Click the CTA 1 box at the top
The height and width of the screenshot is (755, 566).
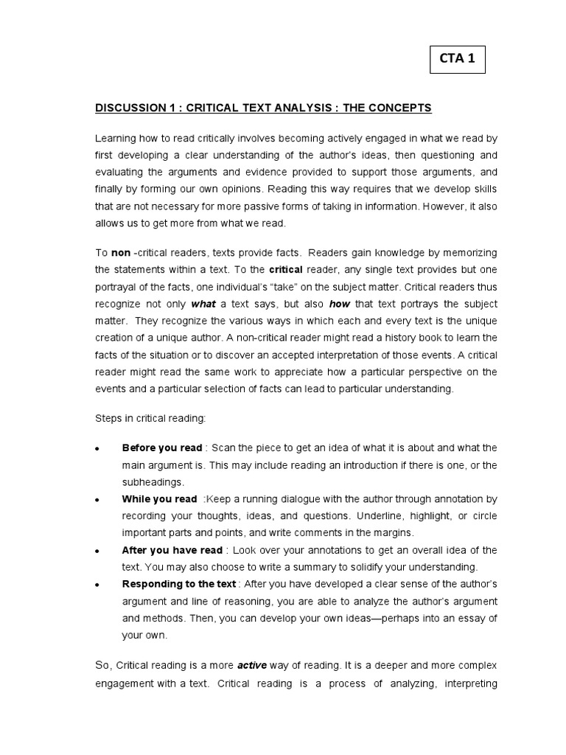click(457, 60)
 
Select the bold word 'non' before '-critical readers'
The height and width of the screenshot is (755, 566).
click(121, 251)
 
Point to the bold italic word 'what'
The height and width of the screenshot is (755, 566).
click(203, 304)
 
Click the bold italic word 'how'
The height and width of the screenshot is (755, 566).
click(340, 304)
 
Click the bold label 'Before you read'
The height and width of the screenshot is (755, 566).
click(161, 448)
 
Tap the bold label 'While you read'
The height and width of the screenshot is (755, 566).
click(159, 499)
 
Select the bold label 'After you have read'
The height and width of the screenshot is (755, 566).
click(171, 550)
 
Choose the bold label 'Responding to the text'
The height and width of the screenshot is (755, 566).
click(179, 584)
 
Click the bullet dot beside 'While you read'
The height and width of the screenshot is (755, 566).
click(98, 500)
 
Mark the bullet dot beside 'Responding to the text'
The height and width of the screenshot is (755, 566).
click(98, 585)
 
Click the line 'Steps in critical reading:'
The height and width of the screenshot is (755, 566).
click(151, 418)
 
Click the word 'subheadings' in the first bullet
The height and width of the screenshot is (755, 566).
click(153, 481)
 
